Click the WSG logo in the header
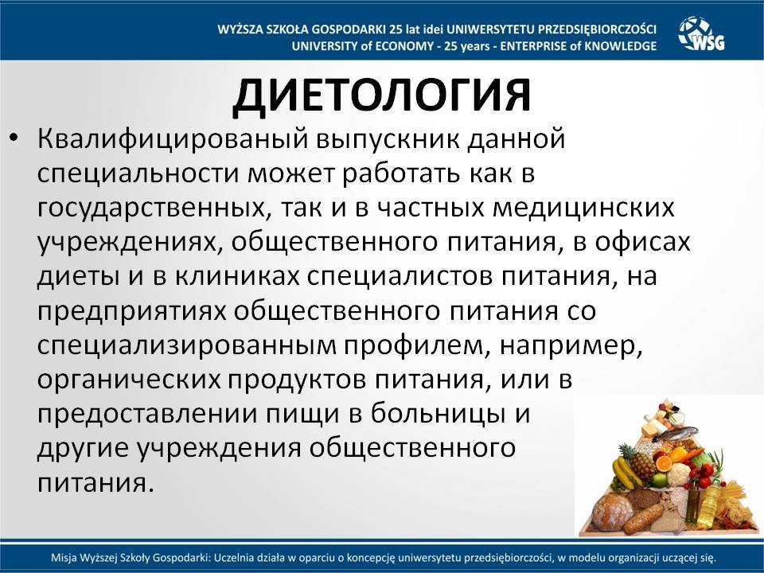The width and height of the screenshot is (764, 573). pos(701,33)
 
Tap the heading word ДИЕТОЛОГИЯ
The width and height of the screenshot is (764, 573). pos(381,95)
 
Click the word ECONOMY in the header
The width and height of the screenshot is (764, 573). pos(404,46)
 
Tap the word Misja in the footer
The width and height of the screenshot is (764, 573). pos(61,557)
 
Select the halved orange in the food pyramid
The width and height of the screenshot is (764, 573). pos(664,463)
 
